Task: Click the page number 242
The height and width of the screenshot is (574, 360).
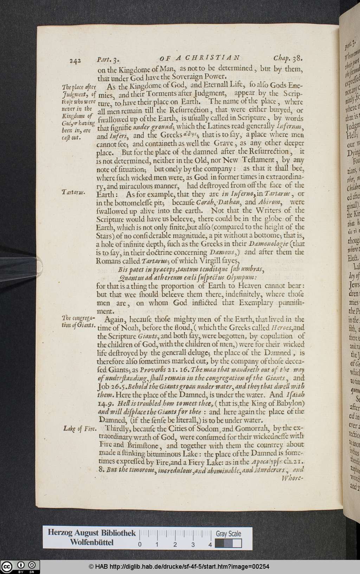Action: click(75, 60)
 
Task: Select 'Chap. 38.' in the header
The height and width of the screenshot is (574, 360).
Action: click(287, 58)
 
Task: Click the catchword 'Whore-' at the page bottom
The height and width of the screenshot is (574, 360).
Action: click(292, 478)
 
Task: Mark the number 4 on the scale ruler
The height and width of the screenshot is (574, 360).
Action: click(210, 545)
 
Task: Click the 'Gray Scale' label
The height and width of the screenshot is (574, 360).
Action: click(228, 534)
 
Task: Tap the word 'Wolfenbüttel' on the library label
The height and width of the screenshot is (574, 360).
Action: click(91, 542)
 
